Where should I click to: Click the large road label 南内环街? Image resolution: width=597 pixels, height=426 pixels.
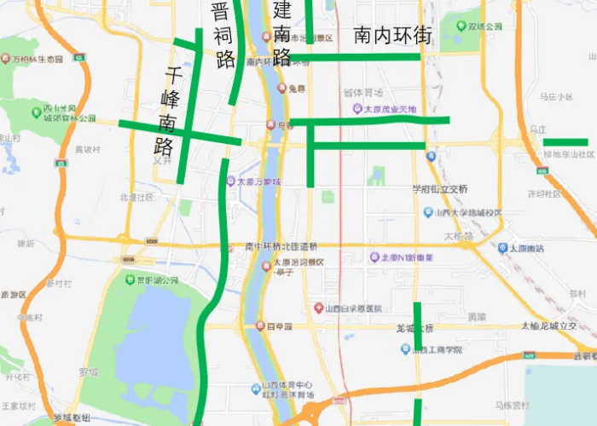pyautogui.click(x=392, y=36)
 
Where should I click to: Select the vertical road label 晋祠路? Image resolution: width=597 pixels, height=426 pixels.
pyautogui.click(x=223, y=36)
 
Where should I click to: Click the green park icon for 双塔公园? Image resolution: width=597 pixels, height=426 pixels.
pyautogui.click(x=461, y=26)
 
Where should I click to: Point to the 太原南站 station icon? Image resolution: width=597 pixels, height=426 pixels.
pyautogui.click(x=502, y=248)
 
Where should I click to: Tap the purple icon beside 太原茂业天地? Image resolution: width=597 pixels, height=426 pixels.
pyautogui.click(x=356, y=109)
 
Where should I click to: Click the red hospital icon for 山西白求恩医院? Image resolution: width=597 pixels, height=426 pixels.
pyautogui.click(x=318, y=308)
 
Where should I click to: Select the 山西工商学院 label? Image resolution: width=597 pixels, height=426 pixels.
pyautogui.click(x=438, y=349)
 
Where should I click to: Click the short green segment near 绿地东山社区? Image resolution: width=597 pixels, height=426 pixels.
pyautogui.click(x=565, y=141)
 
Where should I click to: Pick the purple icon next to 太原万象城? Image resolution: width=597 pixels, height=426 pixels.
pyautogui.click(x=230, y=181)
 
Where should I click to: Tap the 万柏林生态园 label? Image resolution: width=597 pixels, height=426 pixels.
pyautogui.click(x=38, y=60)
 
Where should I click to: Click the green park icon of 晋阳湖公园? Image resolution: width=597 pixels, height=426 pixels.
pyautogui.click(x=130, y=279)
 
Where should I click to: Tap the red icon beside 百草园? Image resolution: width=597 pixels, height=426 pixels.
pyautogui.click(x=260, y=326)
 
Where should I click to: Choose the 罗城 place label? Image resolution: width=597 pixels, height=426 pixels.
pyautogui.click(x=89, y=371)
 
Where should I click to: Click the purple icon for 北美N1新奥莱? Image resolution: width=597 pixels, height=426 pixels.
pyautogui.click(x=374, y=257)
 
